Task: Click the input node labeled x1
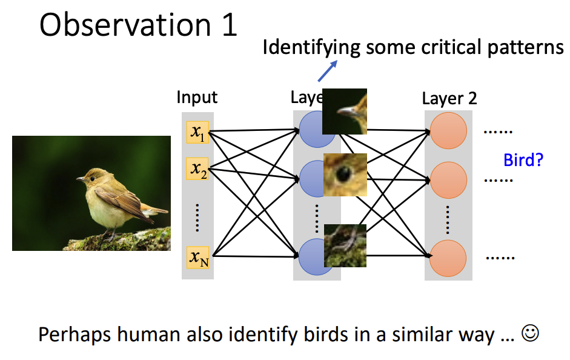click(197, 132)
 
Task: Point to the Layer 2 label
click(449, 98)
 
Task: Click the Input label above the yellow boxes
click(197, 97)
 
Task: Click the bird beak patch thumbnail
click(345, 111)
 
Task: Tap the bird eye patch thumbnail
click(345, 175)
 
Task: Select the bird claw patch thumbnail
click(345, 245)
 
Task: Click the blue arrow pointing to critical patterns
click(328, 71)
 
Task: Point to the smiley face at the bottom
click(531, 334)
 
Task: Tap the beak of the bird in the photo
click(80, 179)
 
